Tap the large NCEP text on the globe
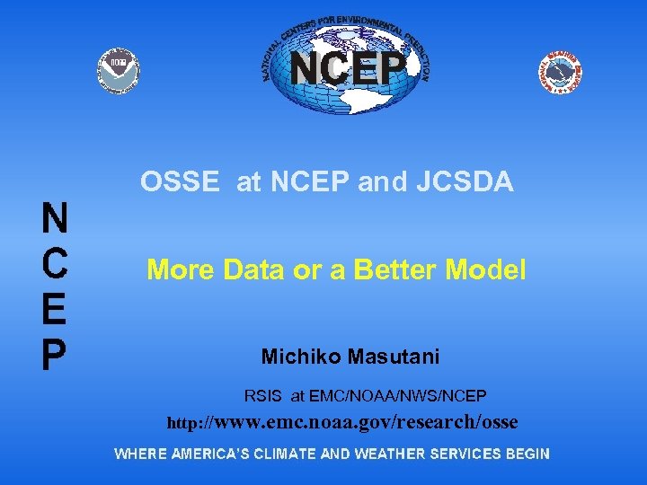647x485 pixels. (x=347, y=67)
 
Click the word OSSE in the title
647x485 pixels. (x=180, y=182)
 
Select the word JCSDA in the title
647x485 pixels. (x=465, y=182)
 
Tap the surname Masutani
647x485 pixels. (x=392, y=357)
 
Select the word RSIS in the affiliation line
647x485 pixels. (x=263, y=395)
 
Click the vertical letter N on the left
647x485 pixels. (x=55, y=217)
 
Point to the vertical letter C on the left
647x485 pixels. (x=54, y=262)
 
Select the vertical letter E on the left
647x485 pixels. (x=54, y=309)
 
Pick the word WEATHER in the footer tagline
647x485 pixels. (x=389, y=454)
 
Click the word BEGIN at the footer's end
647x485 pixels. (x=527, y=454)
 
